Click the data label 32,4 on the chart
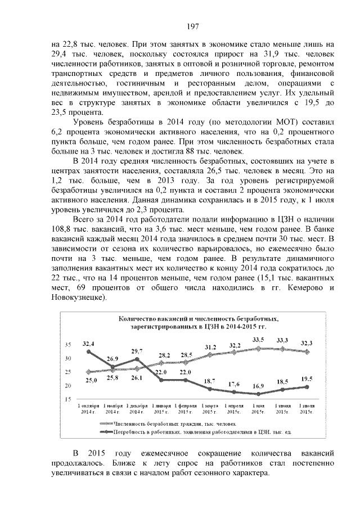pos(88,343)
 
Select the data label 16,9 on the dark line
pos(258,402)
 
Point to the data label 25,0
pos(92,381)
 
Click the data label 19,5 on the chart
pos(306,379)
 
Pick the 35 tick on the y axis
pos(68,345)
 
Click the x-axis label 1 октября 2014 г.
pos(89,408)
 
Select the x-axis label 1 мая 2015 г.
pos(258,408)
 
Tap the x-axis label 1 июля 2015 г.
pos(307,408)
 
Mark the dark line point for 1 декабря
pos(137,359)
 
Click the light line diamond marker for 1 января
pos(161,364)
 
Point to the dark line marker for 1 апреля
pos(233,391)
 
